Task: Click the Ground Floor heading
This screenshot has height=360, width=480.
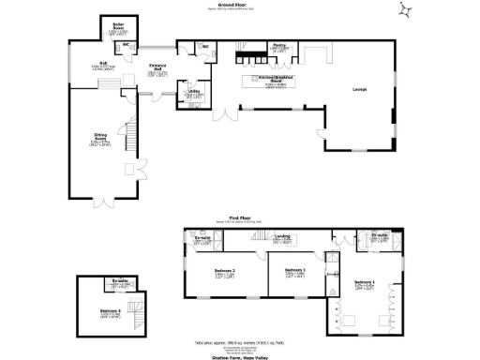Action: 240,5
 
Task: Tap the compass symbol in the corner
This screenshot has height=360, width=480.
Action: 405,10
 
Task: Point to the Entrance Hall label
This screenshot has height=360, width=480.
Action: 157,67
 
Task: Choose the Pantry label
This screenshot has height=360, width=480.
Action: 279,45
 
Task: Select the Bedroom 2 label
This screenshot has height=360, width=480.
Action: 221,271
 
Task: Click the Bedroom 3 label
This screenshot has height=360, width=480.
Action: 296,271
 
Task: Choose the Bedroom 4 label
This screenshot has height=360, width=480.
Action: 110,311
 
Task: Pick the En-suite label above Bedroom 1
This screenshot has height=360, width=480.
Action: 380,237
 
